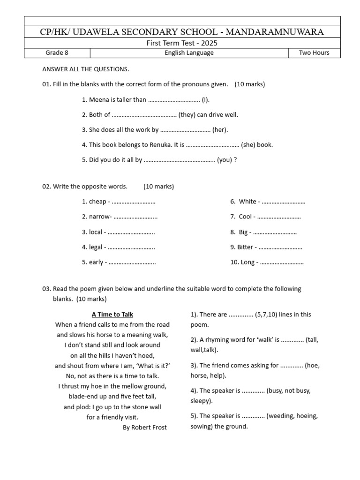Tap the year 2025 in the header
(209, 43)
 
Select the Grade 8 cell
(57, 53)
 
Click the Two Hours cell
(314, 53)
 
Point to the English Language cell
(189, 53)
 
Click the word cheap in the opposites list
(97, 202)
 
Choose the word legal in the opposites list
(96, 247)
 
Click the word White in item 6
(247, 202)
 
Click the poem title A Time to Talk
(112, 315)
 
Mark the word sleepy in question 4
(201, 401)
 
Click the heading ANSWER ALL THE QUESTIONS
(85, 69)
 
